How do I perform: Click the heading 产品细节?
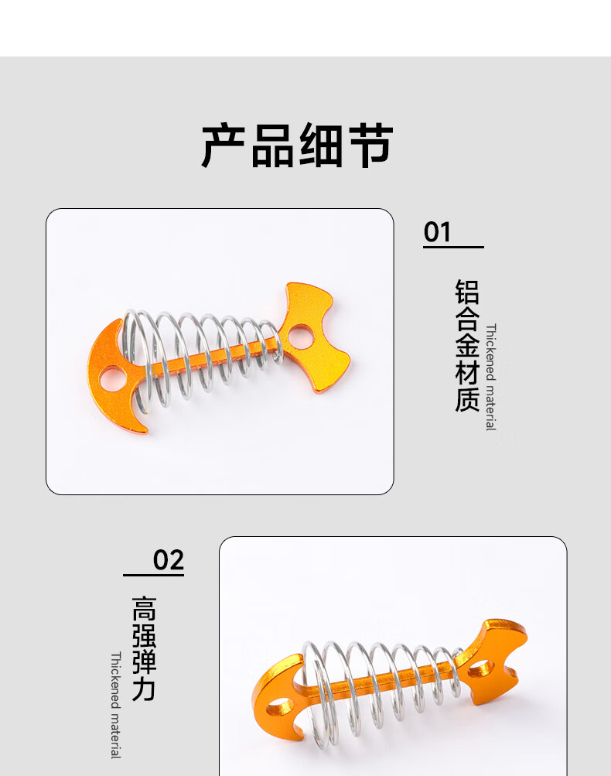tap(298, 145)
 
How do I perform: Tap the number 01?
tap(437, 231)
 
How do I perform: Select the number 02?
tap(169, 559)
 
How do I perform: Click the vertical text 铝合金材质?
tap(467, 345)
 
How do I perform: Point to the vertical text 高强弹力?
tap(144, 648)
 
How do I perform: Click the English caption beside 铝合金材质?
tap(490, 377)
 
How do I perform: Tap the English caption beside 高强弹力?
tap(115, 705)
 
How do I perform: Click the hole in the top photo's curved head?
tap(112, 378)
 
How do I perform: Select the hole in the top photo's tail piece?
tap(299, 335)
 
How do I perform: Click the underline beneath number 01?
tap(453, 247)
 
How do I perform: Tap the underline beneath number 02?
tap(153, 575)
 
